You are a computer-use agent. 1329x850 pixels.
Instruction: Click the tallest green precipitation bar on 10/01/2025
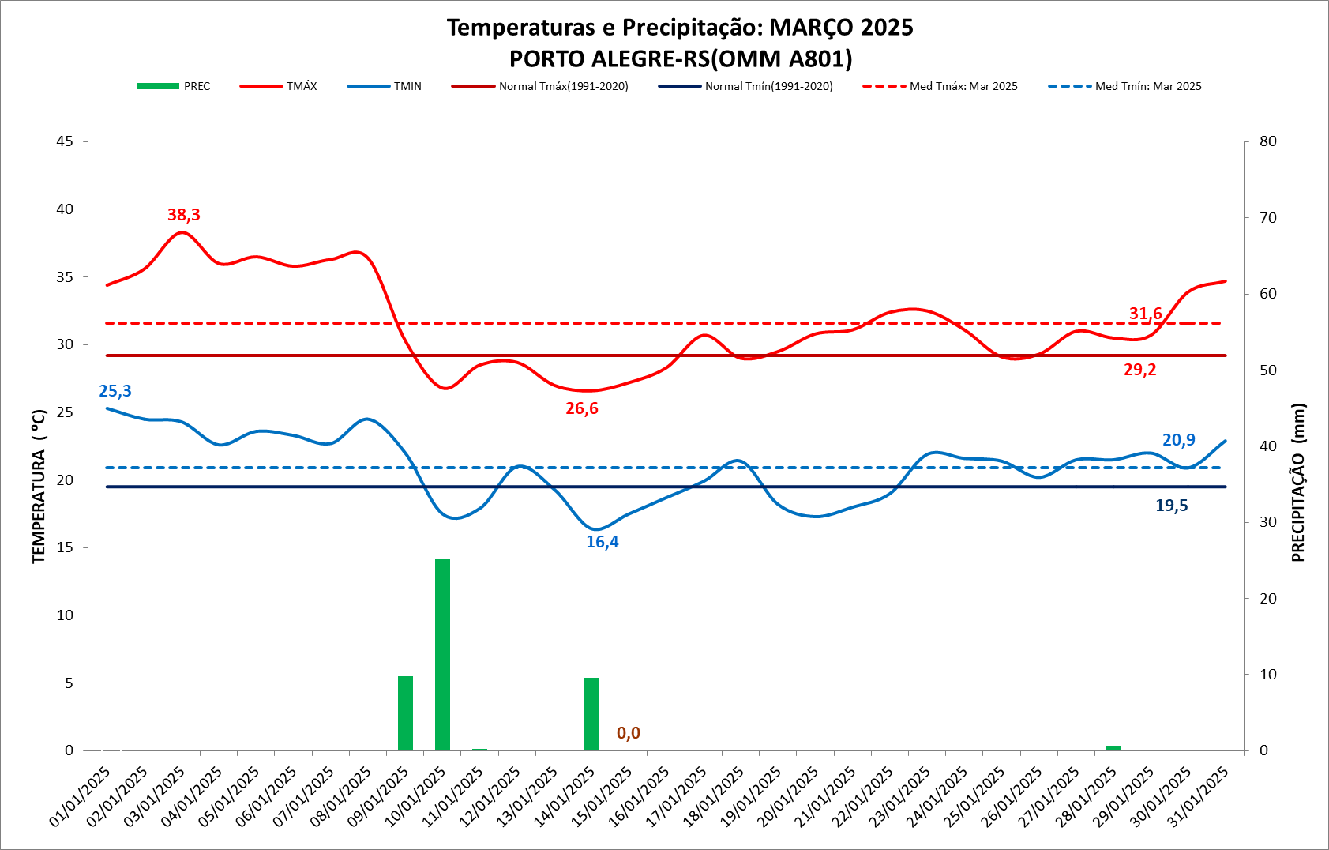(x=442, y=654)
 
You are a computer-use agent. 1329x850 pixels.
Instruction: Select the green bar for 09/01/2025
(x=405, y=713)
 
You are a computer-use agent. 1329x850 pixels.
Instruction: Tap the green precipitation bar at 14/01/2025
(x=591, y=714)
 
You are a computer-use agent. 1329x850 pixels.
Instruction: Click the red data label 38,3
(x=184, y=215)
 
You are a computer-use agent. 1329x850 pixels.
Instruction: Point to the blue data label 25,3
(x=115, y=391)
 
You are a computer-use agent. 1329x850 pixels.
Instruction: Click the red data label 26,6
(x=582, y=408)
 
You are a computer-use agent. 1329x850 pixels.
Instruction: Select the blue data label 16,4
(x=603, y=542)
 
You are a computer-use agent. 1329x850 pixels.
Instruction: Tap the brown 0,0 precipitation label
(x=629, y=733)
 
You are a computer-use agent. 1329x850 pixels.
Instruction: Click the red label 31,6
(x=1146, y=314)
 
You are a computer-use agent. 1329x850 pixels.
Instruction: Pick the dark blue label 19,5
(x=1172, y=506)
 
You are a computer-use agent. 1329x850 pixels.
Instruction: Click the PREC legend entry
(x=175, y=86)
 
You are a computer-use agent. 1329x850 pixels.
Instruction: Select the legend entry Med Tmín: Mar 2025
(x=1125, y=86)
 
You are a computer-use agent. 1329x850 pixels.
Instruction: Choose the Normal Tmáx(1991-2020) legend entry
(x=540, y=86)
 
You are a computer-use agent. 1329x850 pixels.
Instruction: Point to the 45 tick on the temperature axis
(x=65, y=141)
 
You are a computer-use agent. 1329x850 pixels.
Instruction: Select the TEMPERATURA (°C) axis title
(x=39, y=486)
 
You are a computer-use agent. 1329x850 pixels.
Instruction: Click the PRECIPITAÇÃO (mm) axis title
(x=1298, y=482)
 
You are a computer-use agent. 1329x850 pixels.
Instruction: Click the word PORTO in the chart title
(x=546, y=59)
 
